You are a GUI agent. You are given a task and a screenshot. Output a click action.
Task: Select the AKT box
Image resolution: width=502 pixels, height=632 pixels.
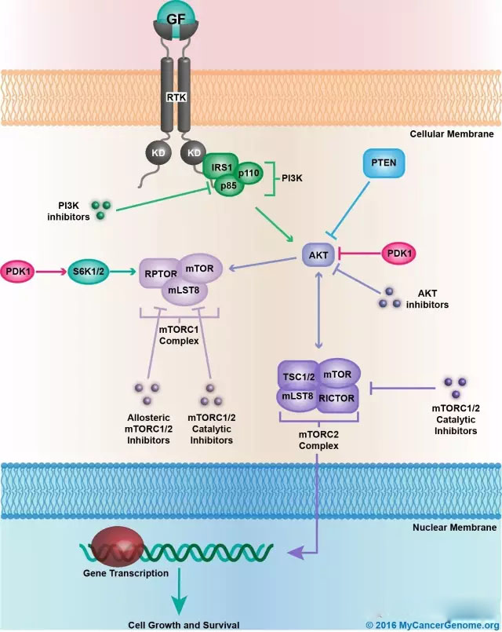[x=318, y=254]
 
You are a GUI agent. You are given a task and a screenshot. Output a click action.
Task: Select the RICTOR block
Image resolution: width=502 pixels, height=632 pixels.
[x=336, y=398]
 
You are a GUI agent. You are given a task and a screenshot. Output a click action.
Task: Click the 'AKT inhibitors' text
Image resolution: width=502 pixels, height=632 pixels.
[x=427, y=299]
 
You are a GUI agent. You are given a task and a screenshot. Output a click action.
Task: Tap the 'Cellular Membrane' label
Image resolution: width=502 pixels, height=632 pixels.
[x=452, y=134]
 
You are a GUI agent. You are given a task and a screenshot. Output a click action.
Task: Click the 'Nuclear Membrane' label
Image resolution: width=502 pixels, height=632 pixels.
[x=454, y=528]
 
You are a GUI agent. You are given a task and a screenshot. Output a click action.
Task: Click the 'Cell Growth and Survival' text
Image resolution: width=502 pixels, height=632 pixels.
[x=184, y=625]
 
